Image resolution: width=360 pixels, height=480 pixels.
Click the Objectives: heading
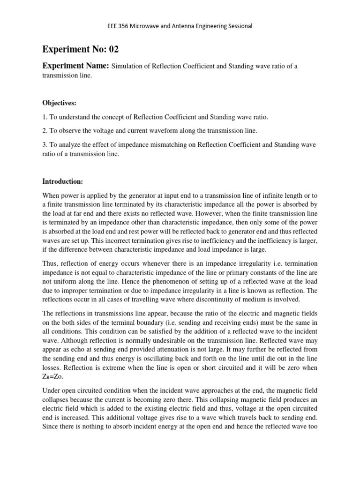[x=60, y=103]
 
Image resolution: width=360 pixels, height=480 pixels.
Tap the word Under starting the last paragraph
[x=52, y=391]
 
